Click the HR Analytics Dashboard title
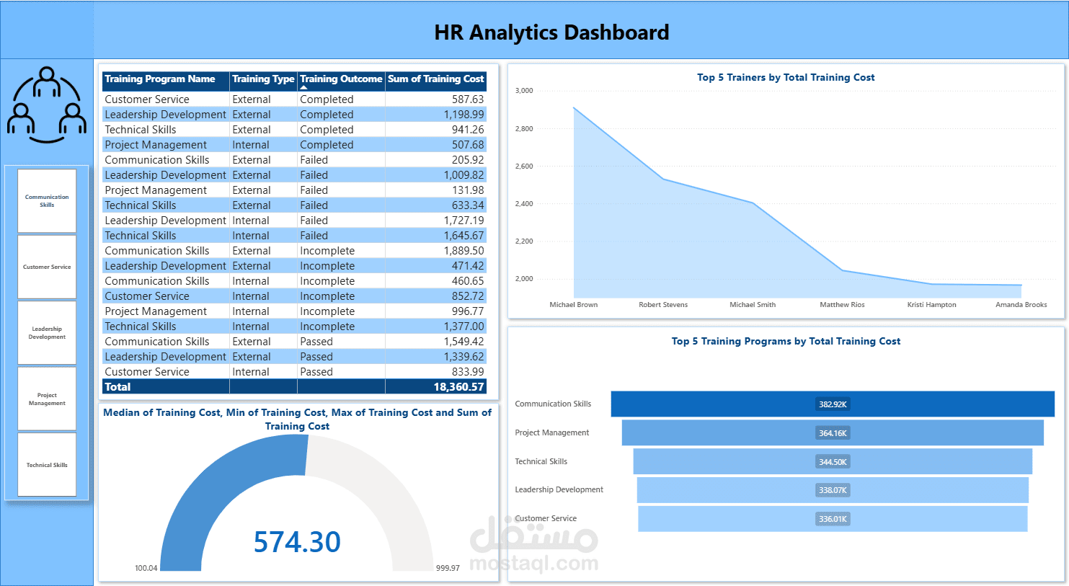pos(551,32)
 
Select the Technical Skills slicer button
pos(47,464)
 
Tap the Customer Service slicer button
pos(47,267)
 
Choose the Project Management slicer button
pos(47,399)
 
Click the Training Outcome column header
pos(341,79)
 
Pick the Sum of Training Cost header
pos(435,79)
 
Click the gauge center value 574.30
pos(297,542)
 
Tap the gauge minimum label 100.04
pos(146,568)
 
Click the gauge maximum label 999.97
pos(448,568)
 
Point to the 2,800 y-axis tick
pos(524,128)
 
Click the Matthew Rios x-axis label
pos(842,304)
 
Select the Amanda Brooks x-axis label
pos(1021,304)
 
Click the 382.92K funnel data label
pos(833,404)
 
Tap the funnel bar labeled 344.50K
pos(833,461)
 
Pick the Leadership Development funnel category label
pos(559,489)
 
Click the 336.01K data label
pos(833,519)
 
